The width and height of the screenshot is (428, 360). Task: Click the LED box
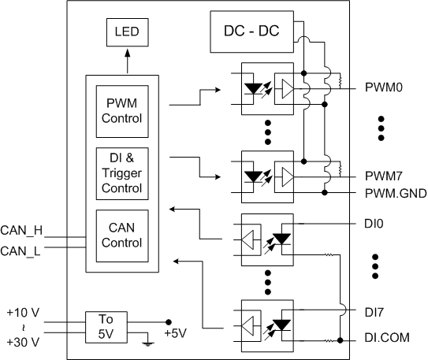point(127,32)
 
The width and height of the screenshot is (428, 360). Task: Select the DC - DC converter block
point(251,32)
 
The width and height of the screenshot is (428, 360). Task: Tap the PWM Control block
point(122,111)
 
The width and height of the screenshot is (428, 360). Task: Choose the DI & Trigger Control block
point(122,173)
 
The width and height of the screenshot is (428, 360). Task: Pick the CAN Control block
point(122,236)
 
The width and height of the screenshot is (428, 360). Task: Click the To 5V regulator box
point(106,327)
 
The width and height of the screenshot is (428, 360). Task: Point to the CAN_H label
point(21,231)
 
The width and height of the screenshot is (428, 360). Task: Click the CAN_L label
point(20,251)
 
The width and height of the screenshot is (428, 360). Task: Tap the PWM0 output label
point(384,87)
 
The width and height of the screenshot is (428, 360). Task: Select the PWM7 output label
point(384,176)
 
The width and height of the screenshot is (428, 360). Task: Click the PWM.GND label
point(396,193)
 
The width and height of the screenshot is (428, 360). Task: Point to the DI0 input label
point(374,224)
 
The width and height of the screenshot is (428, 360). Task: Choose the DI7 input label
point(374,313)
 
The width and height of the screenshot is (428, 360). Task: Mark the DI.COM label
point(387,338)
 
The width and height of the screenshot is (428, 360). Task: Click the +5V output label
point(176,333)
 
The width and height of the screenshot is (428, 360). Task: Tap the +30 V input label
point(23,342)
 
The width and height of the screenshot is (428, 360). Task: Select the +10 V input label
point(23,313)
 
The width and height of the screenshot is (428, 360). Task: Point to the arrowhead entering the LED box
point(127,53)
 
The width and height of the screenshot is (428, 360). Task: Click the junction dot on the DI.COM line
point(340,340)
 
